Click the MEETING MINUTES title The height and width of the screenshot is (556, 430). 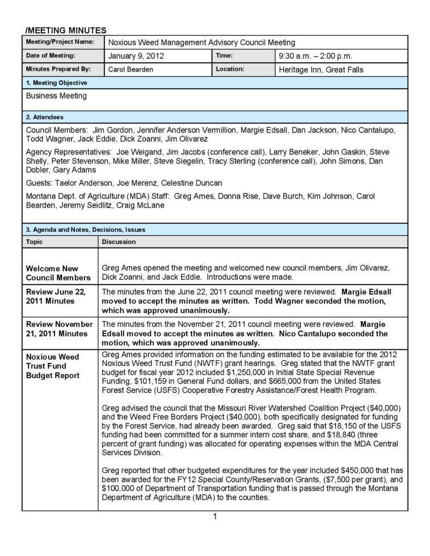coord(66,31)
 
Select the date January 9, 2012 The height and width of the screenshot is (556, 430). coord(136,56)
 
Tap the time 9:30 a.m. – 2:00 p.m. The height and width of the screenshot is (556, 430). coord(315,56)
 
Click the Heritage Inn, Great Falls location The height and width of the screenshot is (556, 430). coord(321,69)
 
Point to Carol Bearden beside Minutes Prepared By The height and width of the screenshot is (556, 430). coord(130,69)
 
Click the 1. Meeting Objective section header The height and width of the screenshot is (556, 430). coord(57,83)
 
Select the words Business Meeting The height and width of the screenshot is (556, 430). coord(56,96)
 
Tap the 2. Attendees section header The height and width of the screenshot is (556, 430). coord(45,117)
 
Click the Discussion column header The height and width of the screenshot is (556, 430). coord(119,241)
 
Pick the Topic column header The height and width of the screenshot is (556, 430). coord(34,241)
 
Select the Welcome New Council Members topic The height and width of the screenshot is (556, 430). coord(58,273)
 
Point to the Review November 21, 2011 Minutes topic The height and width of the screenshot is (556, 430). coord(59,329)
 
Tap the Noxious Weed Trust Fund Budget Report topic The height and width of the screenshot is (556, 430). coord(53,366)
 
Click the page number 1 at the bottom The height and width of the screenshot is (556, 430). coord(215,517)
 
